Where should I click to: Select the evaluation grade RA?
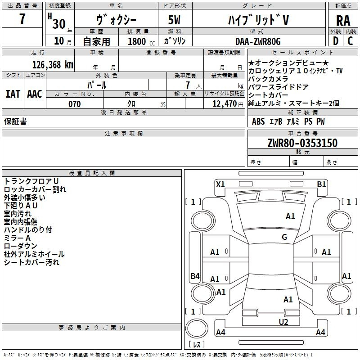click(x=343, y=20)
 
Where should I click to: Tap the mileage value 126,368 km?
click(x=53, y=64)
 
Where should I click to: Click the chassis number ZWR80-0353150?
click(x=302, y=143)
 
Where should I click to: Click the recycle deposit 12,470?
click(x=224, y=104)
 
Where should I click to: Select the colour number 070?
click(x=74, y=104)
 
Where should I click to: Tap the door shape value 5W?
click(x=175, y=20)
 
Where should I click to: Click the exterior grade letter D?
click(x=335, y=41)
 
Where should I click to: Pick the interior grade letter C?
click(x=350, y=41)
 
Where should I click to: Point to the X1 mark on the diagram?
click(x=220, y=184)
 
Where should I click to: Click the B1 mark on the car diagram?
click(x=321, y=184)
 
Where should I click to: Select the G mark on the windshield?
click(x=284, y=237)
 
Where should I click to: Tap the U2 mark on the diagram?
click(x=283, y=321)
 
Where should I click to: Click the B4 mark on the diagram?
click(x=194, y=276)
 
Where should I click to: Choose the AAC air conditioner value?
click(x=34, y=94)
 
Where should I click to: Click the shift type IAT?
click(x=13, y=94)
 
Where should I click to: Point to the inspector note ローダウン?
click(x=21, y=246)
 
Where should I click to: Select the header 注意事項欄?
click(x=124, y=134)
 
